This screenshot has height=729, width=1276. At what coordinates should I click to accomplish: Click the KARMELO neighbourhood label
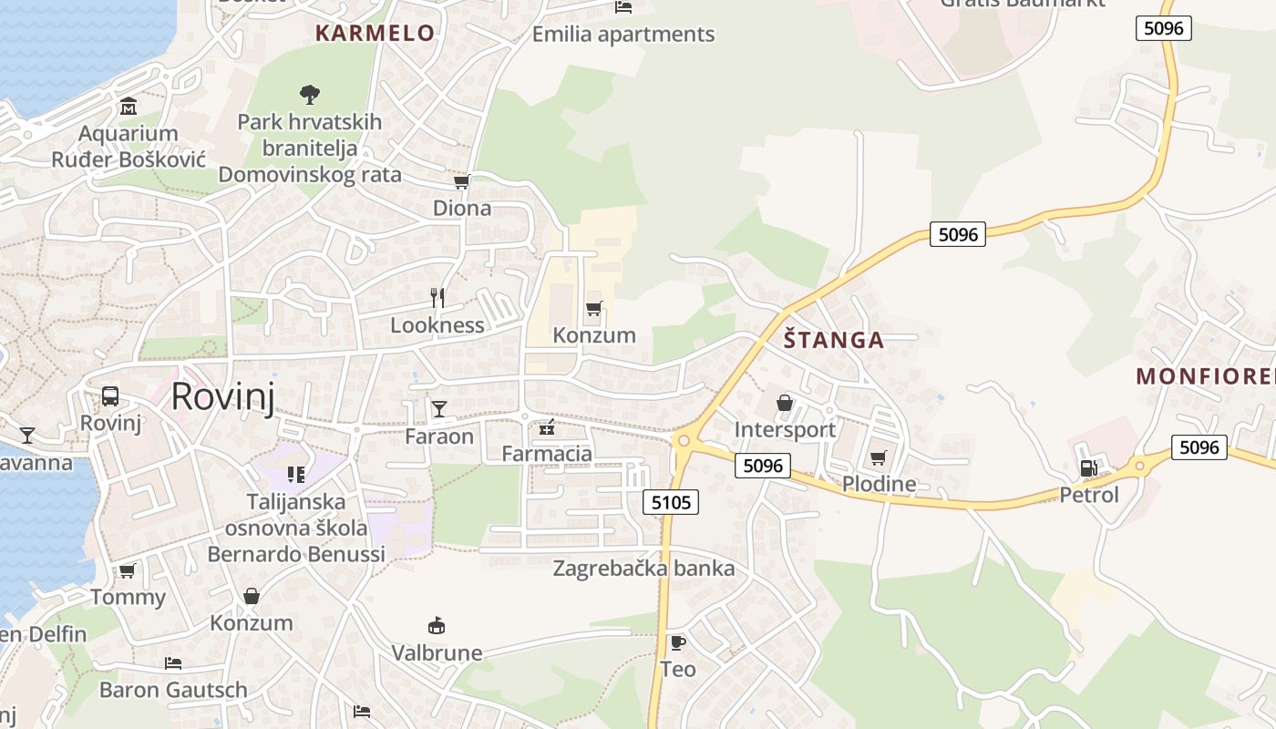point(375,34)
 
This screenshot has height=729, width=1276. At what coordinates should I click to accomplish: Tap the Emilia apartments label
point(623,35)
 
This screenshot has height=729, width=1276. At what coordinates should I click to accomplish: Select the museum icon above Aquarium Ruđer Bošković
point(128,106)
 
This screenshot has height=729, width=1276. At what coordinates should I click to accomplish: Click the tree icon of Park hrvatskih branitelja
point(310,93)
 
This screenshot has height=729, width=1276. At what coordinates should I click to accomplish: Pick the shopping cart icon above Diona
point(461,182)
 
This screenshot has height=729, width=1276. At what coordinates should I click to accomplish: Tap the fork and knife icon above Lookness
point(437,297)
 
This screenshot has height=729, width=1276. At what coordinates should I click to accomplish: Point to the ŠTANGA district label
point(834,341)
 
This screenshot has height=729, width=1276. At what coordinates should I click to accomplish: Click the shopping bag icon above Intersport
point(784,403)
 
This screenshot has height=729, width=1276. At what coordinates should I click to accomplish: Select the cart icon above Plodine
point(878,457)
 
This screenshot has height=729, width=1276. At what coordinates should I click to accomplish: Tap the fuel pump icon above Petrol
point(1088,468)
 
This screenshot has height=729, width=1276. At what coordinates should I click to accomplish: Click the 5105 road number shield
point(671,501)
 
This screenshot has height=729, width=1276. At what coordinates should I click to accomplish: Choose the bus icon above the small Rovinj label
point(110,396)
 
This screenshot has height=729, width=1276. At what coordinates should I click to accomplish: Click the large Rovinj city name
point(222,396)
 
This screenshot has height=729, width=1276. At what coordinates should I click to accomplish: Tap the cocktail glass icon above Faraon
point(439,409)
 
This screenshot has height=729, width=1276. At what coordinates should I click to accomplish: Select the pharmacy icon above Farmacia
point(547,426)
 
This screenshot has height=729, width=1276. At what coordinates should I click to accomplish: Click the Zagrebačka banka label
point(643,569)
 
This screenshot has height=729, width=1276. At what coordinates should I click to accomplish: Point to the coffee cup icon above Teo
point(677,642)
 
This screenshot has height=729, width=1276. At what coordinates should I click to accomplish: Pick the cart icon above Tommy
point(128,571)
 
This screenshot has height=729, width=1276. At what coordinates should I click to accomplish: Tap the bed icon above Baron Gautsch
point(173,662)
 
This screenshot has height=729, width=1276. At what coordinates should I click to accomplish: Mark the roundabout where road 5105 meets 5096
point(683,440)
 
